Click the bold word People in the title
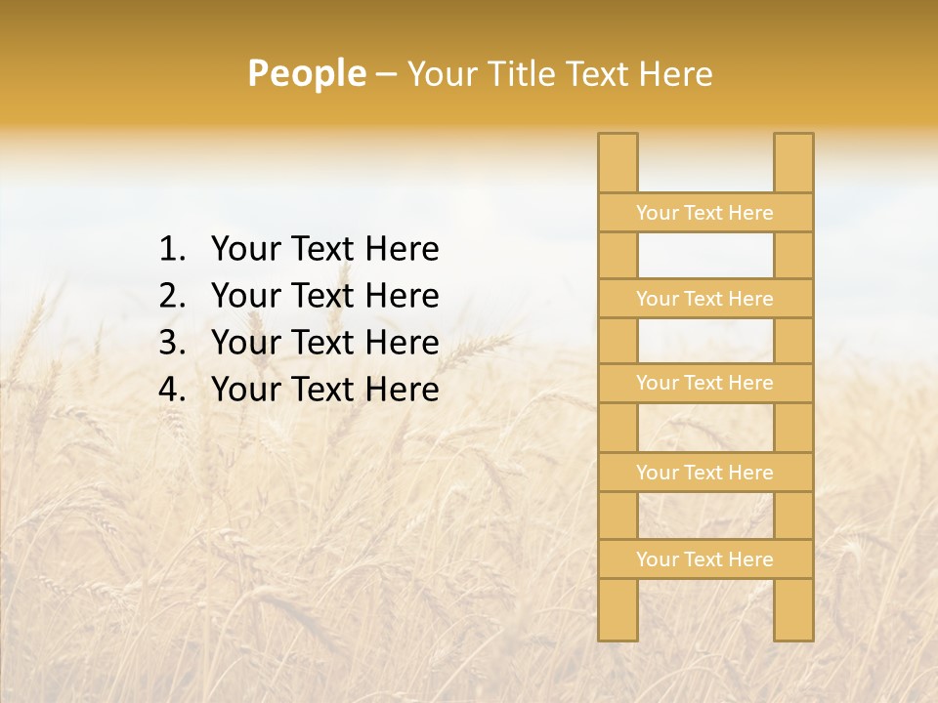[306, 74]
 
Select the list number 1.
[171, 250]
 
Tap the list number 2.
[171, 296]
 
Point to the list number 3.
[171, 343]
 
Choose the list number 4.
[171, 390]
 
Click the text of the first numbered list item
[324, 250]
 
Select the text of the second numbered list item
[324, 296]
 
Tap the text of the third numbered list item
[324, 343]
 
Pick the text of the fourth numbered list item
[324, 390]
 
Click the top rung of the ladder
[704, 213]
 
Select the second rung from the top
[704, 299]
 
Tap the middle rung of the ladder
[704, 384]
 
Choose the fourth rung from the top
[704, 473]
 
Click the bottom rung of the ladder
[704, 559]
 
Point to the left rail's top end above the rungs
[618, 162]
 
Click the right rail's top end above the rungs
[793, 162]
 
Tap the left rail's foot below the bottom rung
[618, 610]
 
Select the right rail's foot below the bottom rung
[793, 610]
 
